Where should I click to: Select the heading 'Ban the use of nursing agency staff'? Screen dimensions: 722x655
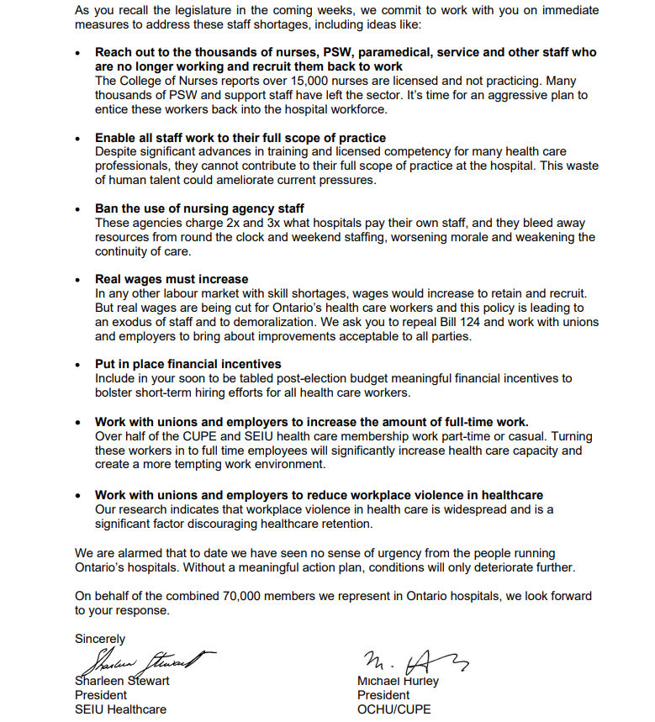[x=199, y=208]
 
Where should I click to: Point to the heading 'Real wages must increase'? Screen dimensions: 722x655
[x=172, y=279]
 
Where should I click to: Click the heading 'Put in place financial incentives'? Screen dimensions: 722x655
[x=188, y=364]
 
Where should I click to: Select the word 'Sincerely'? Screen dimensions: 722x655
[x=100, y=639]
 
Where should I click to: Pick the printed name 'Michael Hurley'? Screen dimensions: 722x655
[x=398, y=681]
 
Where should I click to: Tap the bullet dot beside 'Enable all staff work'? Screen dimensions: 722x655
[x=78, y=139]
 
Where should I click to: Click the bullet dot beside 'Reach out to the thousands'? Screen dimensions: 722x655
[x=78, y=52]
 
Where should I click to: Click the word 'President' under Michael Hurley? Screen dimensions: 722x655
[x=383, y=695]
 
